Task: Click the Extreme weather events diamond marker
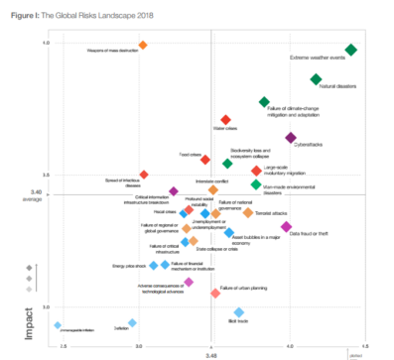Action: (x=350, y=50)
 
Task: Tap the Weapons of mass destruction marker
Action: (x=143, y=46)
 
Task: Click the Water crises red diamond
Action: (x=225, y=120)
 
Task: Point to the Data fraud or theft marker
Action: (x=286, y=227)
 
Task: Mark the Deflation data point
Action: (x=132, y=322)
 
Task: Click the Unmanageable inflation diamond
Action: (x=58, y=325)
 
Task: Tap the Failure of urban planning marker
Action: (x=215, y=294)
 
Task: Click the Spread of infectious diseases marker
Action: (x=144, y=175)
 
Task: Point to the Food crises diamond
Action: (x=206, y=159)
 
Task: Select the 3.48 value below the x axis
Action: (x=211, y=354)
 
